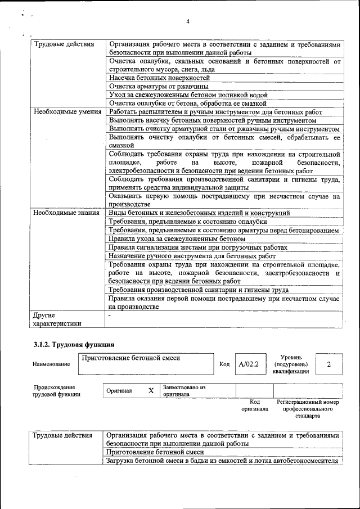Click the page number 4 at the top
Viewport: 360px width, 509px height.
[188, 21]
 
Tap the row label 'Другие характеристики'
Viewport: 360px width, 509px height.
[57, 319]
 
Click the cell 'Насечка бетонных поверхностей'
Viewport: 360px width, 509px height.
[159, 78]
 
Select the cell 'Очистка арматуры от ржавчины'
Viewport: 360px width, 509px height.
[159, 87]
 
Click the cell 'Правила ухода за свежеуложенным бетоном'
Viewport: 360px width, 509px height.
[177, 238]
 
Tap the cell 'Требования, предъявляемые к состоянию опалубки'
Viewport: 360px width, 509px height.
[188, 222]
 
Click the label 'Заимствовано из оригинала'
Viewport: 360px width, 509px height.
[184, 391]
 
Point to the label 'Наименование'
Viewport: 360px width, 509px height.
[51, 364]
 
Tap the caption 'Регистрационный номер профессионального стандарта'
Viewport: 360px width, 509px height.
[308, 409]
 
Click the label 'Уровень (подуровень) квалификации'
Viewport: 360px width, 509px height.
[291, 364]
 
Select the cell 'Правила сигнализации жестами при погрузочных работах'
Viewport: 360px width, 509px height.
[198, 247]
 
